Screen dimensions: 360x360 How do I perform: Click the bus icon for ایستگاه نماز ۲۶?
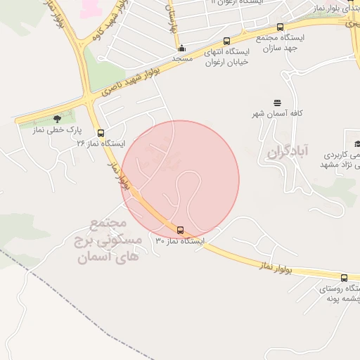coord(101,132)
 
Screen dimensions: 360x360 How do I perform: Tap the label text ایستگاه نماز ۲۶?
coord(101,143)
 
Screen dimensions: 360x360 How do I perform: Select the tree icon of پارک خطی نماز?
coord(57,119)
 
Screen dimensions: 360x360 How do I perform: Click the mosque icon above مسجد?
coord(182,49)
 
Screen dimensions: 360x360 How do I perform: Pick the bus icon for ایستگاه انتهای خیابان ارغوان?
coord(226,41)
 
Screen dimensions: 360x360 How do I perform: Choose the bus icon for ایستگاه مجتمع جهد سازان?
coord(280,27)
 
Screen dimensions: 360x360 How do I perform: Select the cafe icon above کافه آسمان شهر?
coord(277,103)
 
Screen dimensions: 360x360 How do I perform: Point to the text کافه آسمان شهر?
coord(277,113)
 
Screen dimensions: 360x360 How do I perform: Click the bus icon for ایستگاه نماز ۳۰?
coord(181,230)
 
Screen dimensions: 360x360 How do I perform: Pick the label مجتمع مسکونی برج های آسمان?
coord(115,240)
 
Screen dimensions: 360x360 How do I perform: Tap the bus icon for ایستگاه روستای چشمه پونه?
coord(344,278)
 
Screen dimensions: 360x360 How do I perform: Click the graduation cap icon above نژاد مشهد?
coord(349,134)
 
